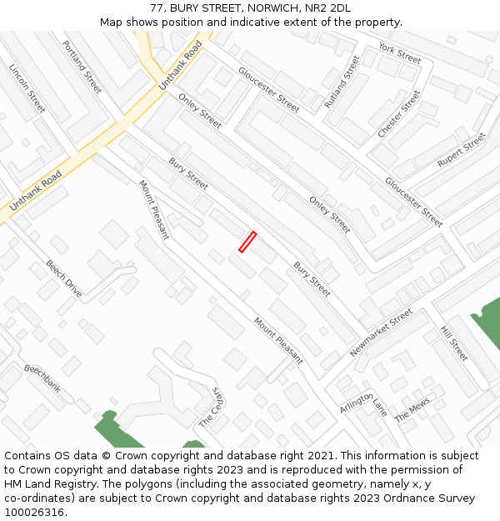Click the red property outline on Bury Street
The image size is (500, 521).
coord(247,242)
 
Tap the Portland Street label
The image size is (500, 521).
coord(82,67)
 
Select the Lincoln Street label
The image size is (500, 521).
coord(27,88)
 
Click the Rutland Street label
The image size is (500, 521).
coord(341,82)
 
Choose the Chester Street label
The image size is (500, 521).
coord(399,114)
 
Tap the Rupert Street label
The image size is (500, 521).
coord(461,150)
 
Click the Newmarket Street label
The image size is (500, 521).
coord(382,333)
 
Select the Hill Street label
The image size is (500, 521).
coord(454,343)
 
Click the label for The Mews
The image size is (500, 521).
coord(412,409)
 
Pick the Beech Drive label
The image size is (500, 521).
coord(64,278)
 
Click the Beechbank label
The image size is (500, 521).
coord(42,378)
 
